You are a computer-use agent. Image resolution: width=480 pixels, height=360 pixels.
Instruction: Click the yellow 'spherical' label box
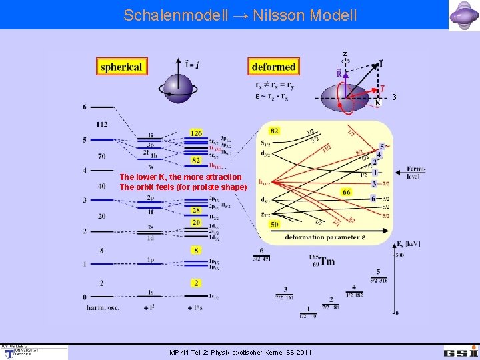[x=121, y=67]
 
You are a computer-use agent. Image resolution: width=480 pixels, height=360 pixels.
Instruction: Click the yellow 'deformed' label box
[x=273, y=67]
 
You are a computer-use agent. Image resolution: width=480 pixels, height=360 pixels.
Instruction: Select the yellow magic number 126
[x=196, y=133]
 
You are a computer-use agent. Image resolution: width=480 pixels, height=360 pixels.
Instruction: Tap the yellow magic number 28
[x=196, y=211]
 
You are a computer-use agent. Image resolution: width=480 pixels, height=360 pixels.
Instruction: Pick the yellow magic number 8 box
[x=196, y=250]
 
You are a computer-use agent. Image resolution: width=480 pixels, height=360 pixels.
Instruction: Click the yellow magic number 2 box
[x=196, y=283]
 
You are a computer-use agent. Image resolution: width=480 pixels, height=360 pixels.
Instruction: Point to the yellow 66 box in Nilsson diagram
[x=347, y=192]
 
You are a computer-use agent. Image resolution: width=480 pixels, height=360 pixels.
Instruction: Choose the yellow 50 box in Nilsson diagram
[x=274, y=225]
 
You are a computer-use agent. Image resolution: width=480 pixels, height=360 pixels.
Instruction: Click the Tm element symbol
[x=327, y=261]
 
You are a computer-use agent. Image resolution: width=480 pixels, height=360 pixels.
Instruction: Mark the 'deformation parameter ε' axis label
[x=326, y=237]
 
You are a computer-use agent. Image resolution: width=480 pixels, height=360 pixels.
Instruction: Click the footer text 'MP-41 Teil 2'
[x=194, y=351]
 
